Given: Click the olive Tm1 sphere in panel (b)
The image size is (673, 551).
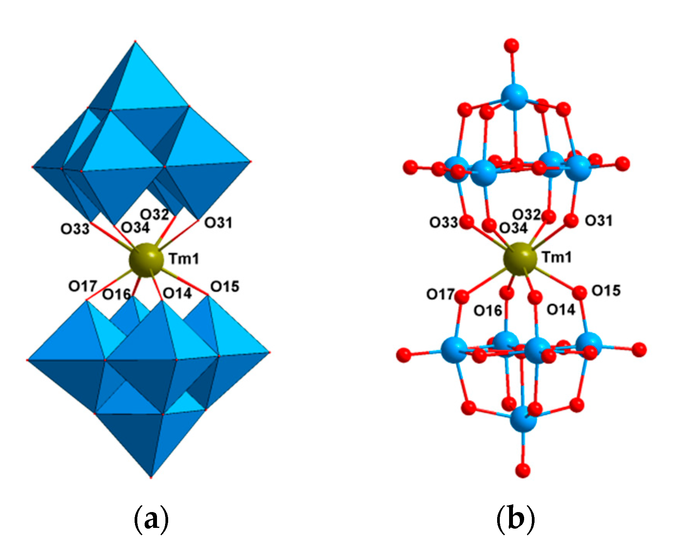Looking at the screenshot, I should [x=520, y=259].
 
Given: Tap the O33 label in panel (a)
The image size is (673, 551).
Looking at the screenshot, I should [x=75, y=229].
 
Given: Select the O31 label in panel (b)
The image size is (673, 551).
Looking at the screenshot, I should [x=599, y=221].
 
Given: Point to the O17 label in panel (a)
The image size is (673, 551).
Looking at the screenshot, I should [x=83, y=286].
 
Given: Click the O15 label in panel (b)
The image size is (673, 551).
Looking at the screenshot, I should [x=606, y=290].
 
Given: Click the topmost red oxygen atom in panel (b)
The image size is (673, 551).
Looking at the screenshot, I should [x=512, y=45].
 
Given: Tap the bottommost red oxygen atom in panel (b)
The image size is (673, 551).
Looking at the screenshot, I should [x=523, y=470].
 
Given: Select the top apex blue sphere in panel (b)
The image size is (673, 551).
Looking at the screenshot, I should [x=514, y=96].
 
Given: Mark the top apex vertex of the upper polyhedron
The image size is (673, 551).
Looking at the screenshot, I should [x=135, y=41].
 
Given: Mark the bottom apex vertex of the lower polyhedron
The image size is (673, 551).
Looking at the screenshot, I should [x=151, y=477].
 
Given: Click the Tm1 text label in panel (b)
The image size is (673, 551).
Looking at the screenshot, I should [x=557, y=257].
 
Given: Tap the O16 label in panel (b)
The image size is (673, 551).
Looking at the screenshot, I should [x=487, y=310].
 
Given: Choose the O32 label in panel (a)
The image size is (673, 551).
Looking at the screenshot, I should [x=155, y=214].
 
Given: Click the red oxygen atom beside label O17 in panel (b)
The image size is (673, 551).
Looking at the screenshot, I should [x=462, y=297].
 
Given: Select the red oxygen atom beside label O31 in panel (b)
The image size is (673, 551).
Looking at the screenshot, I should [x=571, y=221].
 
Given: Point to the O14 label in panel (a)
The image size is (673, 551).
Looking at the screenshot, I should [x=177, y=293].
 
